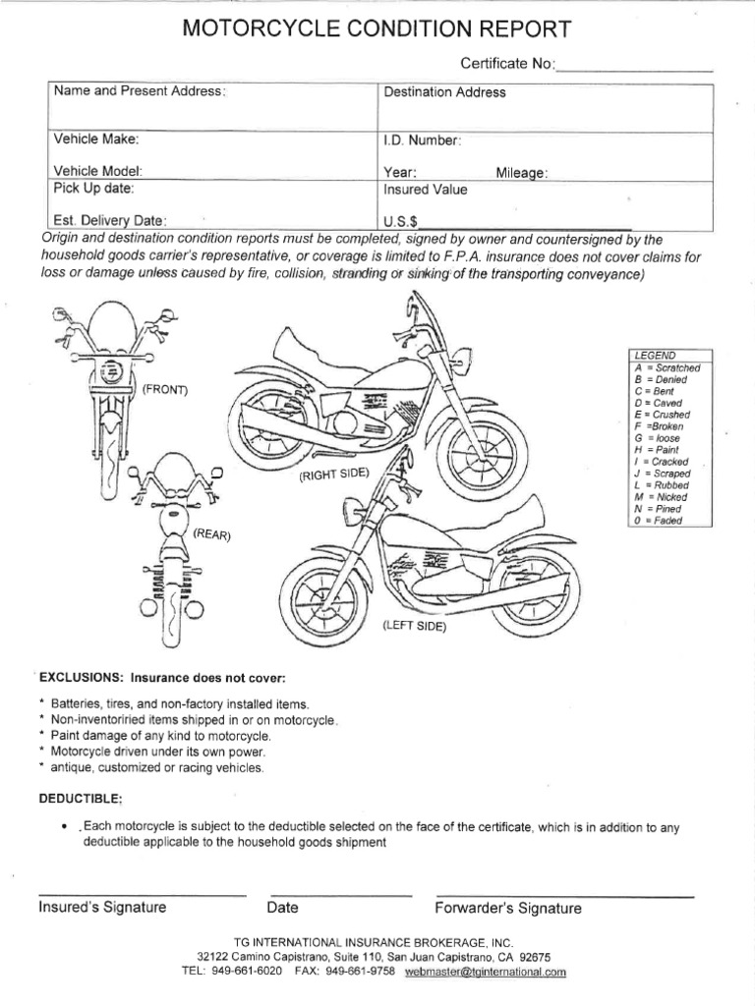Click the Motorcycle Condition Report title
click(377, 30)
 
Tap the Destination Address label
click(444, 93)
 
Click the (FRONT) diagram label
click(164, 389)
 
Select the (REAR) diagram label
click(211, 534)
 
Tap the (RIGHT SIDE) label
click(335, 475)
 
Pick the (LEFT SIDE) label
click(414, 626)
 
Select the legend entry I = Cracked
click(662, 461)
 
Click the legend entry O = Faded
click(659, 520)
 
